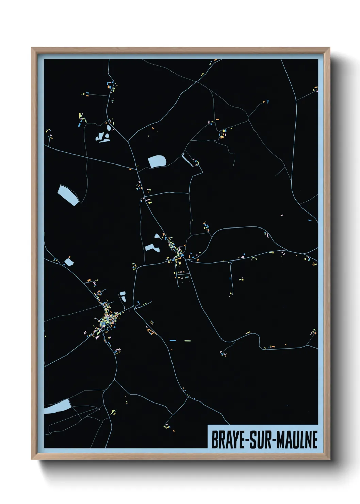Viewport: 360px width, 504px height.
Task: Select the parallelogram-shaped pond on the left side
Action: pos(68,195)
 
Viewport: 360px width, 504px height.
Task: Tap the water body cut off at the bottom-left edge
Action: pos(56,407)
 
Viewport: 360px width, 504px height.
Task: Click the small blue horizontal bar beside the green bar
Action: pos(173,340)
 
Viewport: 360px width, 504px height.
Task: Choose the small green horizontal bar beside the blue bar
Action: pos(187,340)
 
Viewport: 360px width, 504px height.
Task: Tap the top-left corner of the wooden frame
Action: pos(32,48)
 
